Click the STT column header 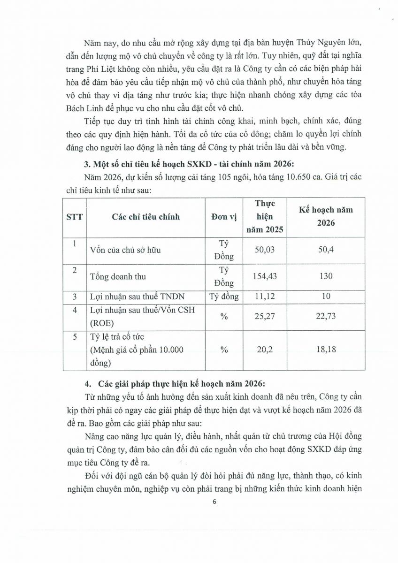[x=74, y=217]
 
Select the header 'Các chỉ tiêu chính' [x=145, y=217]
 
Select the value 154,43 [x=265, y=276]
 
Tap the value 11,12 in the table [x=265, y=297]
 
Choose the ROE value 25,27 [x=265, y=317]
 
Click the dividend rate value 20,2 [x=265, y=350]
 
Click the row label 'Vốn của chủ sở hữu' [x=125, y=250]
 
